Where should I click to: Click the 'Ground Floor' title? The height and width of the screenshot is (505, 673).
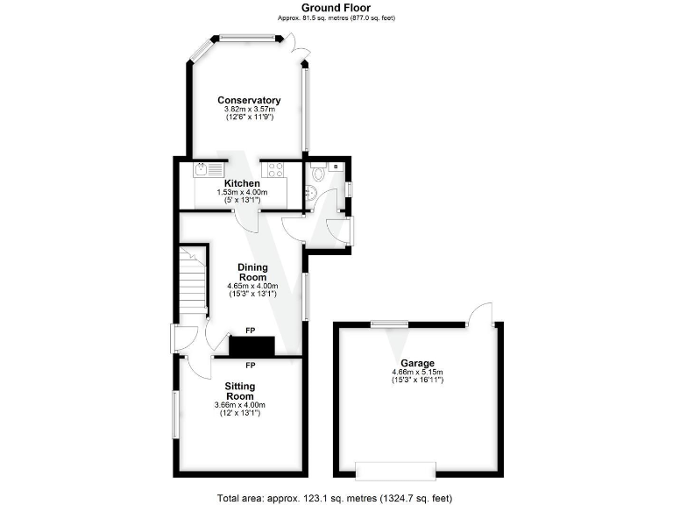tap(336, 8)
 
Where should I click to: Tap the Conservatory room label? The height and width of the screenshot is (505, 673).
tap(249, 101)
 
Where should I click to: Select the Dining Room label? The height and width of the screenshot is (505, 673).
tap(253, 272)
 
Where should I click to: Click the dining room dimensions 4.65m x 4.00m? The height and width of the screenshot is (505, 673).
tap(253, 286)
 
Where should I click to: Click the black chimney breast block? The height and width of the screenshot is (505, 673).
tap(251, 346)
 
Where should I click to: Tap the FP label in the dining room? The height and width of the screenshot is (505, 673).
tap(250, 331)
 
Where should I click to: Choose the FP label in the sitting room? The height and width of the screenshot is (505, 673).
tap(250, 365)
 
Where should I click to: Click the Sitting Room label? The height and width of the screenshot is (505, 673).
tap(239, 391)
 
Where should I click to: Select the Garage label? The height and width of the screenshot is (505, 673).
tap(417, 364)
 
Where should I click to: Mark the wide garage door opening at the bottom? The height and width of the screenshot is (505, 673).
tap(394, 471)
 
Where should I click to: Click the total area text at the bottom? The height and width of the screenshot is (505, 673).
tap(336, 496)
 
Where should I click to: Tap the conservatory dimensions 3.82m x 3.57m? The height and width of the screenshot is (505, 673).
tap(249, 110)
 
